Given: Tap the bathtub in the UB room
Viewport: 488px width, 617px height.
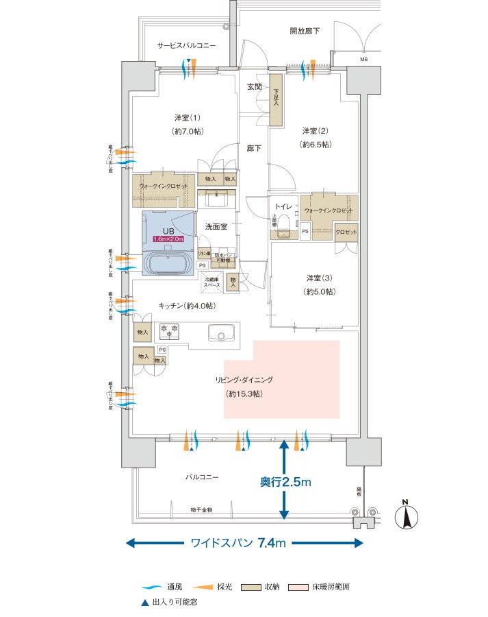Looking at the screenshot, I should click(168, 263).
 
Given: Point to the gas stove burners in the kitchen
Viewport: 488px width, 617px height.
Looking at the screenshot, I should click(169, 331).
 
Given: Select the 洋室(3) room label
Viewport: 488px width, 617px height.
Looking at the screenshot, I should click(319, 284).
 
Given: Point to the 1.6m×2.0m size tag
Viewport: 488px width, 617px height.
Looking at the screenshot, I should click(168, 239).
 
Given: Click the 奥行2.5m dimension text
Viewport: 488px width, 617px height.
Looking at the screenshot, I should click(285, 483).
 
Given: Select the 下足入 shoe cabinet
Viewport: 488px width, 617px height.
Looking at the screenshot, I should click(276, 103).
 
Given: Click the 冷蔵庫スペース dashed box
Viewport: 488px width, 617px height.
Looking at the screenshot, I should click(211, 281).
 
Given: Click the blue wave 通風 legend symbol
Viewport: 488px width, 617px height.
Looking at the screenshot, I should click(151, 588).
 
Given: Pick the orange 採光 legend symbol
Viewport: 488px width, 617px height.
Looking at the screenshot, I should click(202, 588).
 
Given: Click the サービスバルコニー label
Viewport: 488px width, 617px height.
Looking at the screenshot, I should click(186, 45).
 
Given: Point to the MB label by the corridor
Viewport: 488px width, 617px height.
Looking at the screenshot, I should click(363, 60).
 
